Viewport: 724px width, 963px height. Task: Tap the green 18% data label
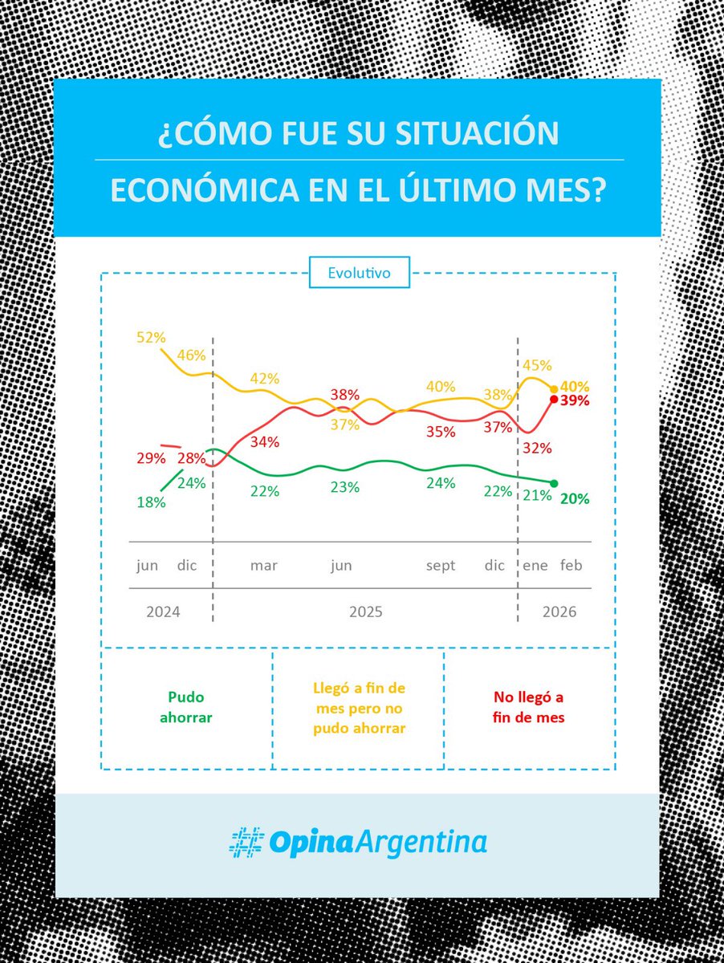(150, 502)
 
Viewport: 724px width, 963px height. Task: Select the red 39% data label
(575, 400)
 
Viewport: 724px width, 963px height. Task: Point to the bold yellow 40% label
(575, 386)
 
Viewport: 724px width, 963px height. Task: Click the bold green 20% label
(575, 498)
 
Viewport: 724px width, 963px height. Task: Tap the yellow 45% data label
(537, 366)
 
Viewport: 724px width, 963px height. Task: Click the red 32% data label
(537, 448)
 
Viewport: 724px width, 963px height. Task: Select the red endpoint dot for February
(554, 399)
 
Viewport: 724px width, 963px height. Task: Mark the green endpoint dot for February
(554, 482)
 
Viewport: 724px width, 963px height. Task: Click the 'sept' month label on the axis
(440, 566)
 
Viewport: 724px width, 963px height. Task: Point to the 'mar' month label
(263, 566)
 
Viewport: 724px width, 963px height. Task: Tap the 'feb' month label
(571, 566)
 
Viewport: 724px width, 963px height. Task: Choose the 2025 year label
(365, 612)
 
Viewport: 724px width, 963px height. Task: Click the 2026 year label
(559, 612)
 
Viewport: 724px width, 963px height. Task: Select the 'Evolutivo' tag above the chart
(359, 273)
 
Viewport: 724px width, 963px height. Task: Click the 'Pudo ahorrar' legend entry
(185, 708)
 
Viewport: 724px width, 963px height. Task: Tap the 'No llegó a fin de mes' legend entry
(528, 708)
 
